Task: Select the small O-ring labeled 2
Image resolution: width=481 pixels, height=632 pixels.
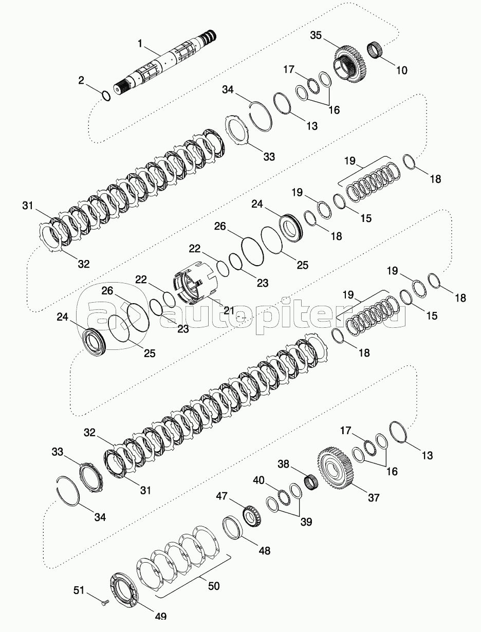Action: [105, 96]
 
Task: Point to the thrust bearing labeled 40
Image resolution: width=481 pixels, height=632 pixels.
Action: [282, 496]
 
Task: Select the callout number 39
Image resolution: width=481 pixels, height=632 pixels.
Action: [306, 522]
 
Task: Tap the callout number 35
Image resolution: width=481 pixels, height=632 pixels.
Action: [316, 35]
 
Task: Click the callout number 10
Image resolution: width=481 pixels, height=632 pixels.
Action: [402, 70]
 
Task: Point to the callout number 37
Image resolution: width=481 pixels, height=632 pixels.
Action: [373, 497]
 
